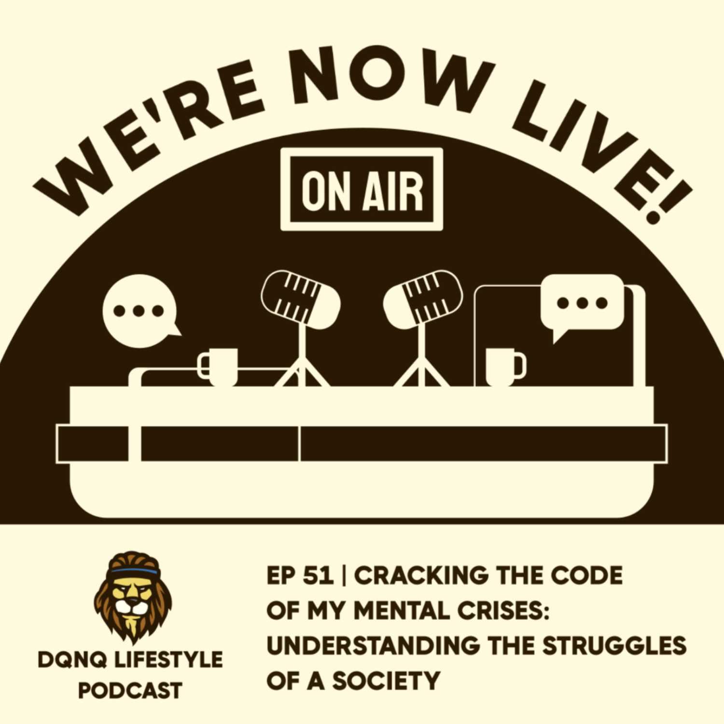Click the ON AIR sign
pos(362,189)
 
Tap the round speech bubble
pos(139,311)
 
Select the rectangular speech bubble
pos(582,304)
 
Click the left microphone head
pos(301,300)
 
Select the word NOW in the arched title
pos(391,77)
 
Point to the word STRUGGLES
pos(614,646)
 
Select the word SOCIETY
pos(386,681)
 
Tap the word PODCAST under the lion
pos(130,691)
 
